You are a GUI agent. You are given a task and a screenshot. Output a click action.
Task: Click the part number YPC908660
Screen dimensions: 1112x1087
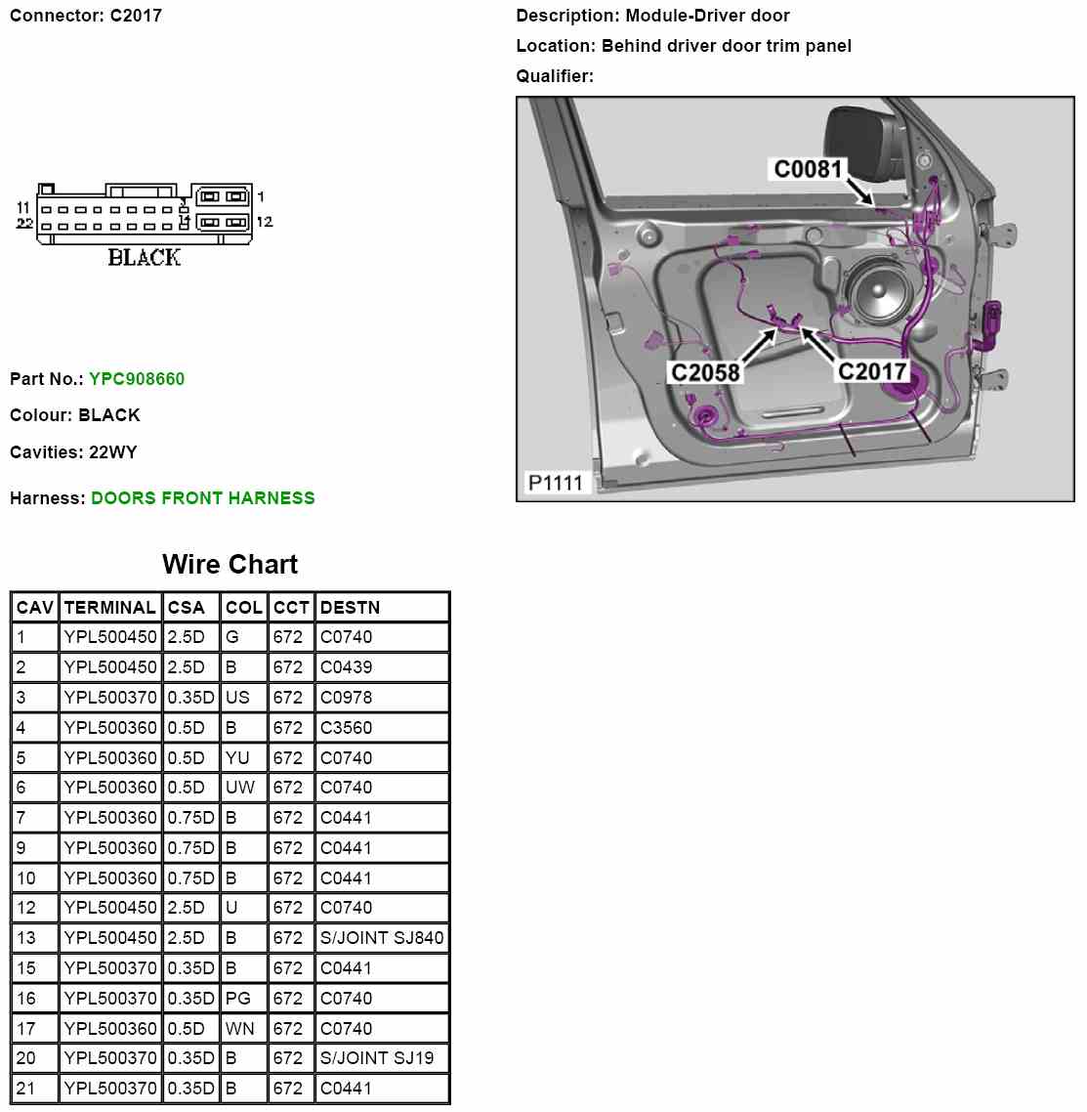click(136, 379)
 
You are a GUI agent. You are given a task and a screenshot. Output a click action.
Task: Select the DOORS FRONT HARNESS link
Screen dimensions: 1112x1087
click(202, 498)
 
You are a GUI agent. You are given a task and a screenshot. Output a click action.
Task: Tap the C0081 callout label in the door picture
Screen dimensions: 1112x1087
click(808, 169)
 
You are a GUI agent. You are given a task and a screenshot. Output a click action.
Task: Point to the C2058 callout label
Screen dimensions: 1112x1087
click(705, 372)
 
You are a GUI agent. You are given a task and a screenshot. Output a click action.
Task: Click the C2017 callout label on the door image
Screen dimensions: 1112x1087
click(872, 371)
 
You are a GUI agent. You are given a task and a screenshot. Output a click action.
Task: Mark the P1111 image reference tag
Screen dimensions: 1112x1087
click(555, 483)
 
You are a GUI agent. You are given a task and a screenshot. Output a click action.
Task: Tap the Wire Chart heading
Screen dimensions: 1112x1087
click(230, 565)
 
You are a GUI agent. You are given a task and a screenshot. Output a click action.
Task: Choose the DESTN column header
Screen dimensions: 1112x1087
click(350, 608)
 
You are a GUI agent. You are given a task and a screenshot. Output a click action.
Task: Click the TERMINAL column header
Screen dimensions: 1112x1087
click(109, 608)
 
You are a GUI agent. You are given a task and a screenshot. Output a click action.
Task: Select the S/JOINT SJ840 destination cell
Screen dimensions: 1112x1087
click(382, 938)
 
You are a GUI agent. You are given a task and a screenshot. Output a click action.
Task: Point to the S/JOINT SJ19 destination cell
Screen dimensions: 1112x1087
click(377, 1058)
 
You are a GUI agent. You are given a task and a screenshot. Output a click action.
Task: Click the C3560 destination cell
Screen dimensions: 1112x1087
click(346, 728)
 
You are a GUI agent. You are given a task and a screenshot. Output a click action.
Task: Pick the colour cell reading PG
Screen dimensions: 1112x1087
click(237, 999)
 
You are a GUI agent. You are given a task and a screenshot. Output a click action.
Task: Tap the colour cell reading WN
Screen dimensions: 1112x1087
click(239, 1029)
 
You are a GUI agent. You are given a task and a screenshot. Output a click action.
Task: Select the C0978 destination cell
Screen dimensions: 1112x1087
click(346, 698)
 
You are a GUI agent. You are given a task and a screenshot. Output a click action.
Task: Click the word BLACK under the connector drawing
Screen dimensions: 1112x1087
click(145, 258)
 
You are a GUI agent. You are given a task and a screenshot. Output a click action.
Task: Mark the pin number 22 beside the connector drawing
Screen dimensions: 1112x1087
click(25, 224)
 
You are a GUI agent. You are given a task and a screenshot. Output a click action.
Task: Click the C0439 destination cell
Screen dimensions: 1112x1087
click(346, 667)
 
